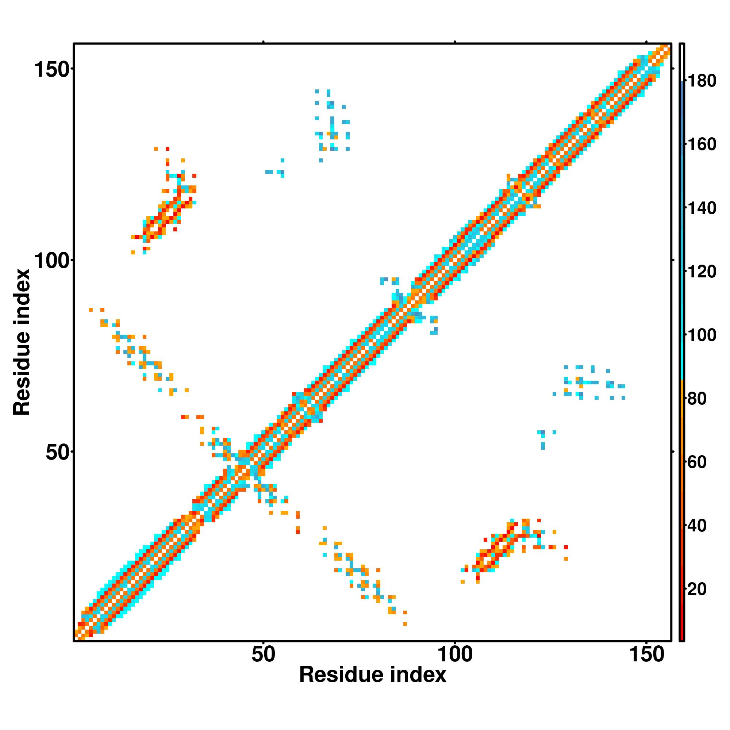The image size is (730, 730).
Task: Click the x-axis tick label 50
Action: click(264, 654)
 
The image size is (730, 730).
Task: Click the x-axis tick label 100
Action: click(455, 654)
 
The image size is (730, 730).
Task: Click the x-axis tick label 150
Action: click(646, 654)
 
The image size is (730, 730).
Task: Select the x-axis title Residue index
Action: click(373, 675)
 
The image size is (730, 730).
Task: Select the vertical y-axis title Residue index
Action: click(22, 342)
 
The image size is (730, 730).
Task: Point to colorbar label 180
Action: click(702, 81)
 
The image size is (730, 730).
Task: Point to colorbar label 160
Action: click(702, 144)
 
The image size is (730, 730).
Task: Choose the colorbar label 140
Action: click(702, 208)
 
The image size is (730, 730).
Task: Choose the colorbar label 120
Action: click(702, 272)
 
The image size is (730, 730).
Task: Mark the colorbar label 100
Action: click(702, 335)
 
